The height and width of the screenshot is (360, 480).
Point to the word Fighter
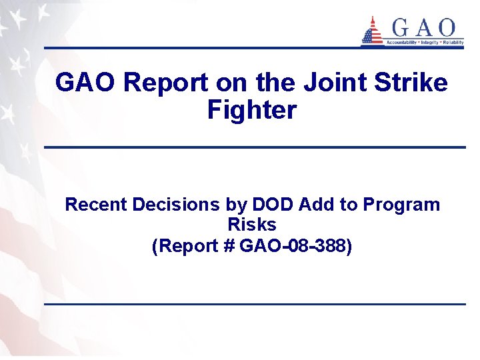pos(251,110)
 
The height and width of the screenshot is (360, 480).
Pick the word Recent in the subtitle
pos(96,205)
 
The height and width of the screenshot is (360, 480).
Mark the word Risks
pos(251,225)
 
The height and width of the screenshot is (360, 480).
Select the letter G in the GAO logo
pos(399,27)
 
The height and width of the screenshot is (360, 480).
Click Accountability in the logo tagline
pos(402,42)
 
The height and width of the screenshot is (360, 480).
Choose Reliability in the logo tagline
pos(453,42)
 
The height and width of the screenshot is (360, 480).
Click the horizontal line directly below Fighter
pos(254,147)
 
